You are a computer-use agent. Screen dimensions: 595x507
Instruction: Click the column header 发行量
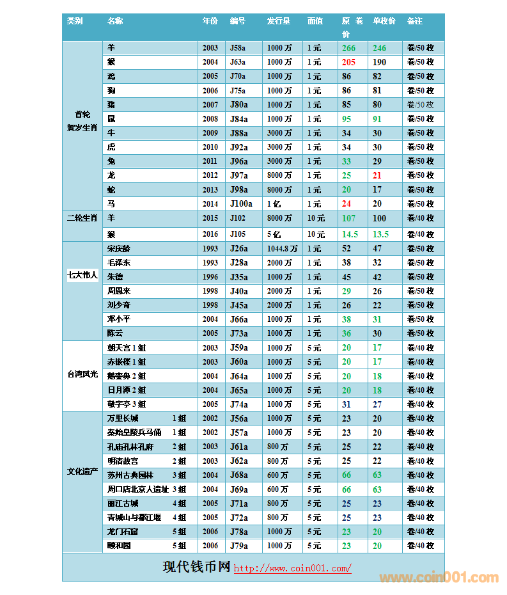point(278,21)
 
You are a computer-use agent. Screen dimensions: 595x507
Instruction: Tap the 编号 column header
point(238,21)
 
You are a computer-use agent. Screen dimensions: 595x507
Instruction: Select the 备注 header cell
point(414,21)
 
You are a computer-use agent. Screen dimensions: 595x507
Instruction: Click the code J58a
point(238,48)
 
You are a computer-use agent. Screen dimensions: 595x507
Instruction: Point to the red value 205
point(348,62)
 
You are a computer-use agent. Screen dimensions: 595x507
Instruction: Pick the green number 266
point(348,48)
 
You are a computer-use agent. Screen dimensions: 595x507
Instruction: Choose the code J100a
point(241,204)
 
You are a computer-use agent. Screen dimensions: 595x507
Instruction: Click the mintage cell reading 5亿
point(274,235)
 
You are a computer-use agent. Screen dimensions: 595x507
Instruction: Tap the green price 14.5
point(350,235)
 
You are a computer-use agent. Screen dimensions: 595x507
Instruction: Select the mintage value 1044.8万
point(282,249)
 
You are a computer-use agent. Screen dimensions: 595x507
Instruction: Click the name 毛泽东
point(119,263)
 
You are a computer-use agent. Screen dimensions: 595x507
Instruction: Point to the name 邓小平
point(119,319)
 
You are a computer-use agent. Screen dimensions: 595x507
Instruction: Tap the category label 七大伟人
point(82,276)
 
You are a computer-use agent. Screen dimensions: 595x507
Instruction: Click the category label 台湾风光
point(82,374)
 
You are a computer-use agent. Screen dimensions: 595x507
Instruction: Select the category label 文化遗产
point(82,472)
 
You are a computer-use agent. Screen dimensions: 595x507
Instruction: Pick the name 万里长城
point(123,418)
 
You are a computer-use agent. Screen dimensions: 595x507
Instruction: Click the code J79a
point(238,546)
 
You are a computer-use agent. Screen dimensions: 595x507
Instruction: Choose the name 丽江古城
point(123,504)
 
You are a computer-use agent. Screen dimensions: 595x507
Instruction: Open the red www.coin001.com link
point(292,568)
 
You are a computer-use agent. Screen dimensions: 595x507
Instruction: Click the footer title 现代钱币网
point(196,567)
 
